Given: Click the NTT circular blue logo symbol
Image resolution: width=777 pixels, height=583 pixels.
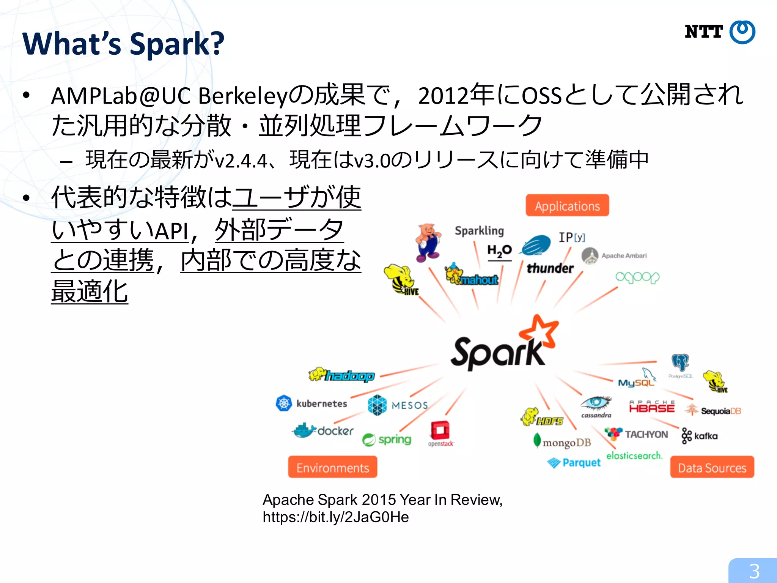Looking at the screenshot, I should (x=742, y=32).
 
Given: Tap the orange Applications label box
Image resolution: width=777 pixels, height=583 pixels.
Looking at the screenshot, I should (x=567, y=205).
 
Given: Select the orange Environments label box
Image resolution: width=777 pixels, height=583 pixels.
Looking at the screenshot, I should (x=332, y=467).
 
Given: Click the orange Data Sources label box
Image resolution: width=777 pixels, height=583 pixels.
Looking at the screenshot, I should (x=712, y=467).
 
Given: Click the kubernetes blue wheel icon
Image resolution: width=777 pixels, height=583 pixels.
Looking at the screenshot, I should (x=284, y=403).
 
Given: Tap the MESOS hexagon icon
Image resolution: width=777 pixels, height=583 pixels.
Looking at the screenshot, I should (x=377, y=405).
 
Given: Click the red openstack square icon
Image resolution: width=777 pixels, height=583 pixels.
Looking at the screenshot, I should (x=440, y=431).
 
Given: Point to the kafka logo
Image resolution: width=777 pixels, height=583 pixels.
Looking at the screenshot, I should (x=700, y=436).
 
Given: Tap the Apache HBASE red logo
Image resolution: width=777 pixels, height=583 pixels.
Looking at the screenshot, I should (x=652, y=407).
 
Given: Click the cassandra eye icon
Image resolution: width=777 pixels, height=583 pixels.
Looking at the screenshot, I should (x=596, y=402).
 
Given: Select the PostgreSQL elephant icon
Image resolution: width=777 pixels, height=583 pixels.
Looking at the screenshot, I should (x=680, y=362).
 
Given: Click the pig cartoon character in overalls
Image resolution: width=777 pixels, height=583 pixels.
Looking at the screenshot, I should (x=428, y=242).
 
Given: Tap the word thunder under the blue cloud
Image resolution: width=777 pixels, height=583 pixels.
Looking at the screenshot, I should (x=550, y=268).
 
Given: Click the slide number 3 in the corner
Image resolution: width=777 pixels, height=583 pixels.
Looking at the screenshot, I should (x=754, y=571).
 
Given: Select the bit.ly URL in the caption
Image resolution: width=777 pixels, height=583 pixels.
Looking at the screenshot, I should (x=336, y=517).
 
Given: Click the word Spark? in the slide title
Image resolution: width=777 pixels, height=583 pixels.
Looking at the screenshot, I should (x=177, y=44).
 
